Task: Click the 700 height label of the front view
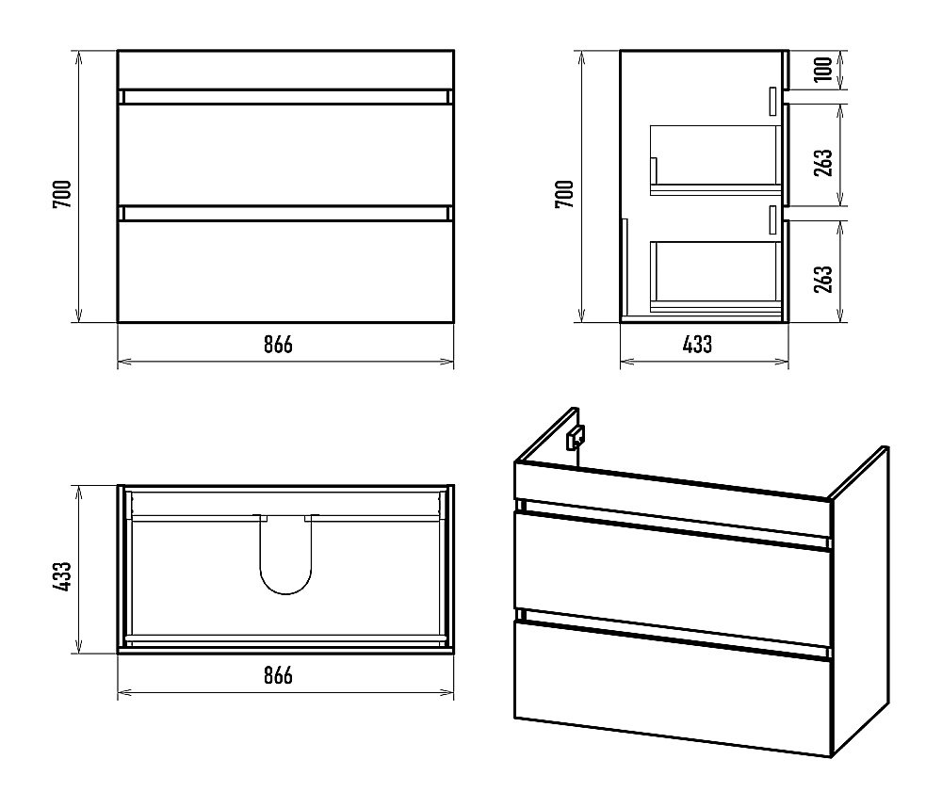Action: click(62, 194)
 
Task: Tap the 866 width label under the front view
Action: click(278, 345)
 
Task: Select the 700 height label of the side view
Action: click(564, 194)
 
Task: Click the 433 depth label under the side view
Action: click(697, 345)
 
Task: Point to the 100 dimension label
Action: click(823, 69)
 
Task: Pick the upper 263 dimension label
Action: click(823, 162)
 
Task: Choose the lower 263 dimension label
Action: click(823, 279)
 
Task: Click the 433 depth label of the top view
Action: click(62, 576)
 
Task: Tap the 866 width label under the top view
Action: click(278, 676)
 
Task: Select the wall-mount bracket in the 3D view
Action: click(576, 437)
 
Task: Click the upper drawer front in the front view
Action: click(285, 154)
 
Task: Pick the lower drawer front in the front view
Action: click(285, 271)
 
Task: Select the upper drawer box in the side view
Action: click(715, 160)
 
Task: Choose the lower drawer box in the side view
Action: click(715, 277)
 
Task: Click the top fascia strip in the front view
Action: click(285, 70)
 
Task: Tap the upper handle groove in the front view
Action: click(285, 97)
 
